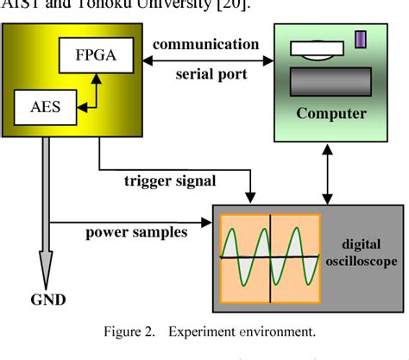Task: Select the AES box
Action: (x=44, y=108)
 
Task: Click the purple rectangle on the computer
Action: (x=362, y=40)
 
